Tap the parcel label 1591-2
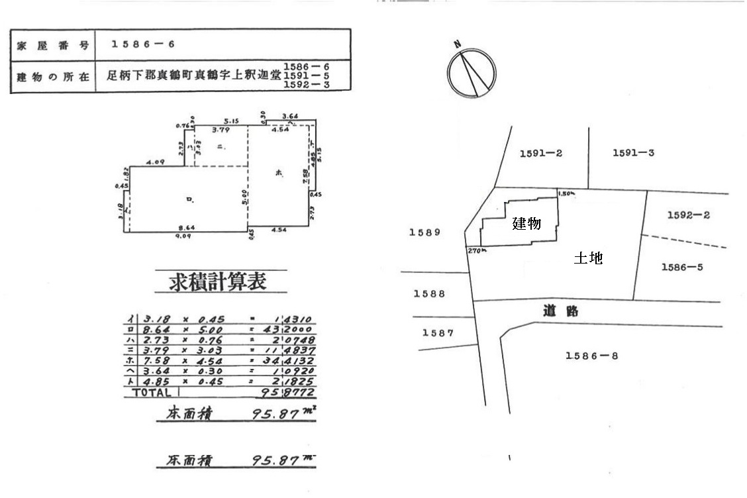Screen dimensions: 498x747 coord(540,153)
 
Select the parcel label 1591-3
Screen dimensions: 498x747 coord(633,153)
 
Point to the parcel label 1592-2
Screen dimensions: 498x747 coord(689,215)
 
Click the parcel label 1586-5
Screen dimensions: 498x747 coord(682,267)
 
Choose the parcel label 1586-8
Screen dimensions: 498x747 coord(591,356)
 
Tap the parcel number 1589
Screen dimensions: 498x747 coord(424,232)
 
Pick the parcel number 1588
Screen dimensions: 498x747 coord(429,294)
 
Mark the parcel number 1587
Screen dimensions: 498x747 coord(438,333)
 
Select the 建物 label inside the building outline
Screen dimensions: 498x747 coord(526,224)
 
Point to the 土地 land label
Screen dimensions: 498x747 coord(587,259)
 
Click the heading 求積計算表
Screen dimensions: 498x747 coord(221,282)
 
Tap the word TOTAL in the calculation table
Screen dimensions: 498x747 coord(152,392)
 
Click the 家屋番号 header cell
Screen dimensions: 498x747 coord(52,44)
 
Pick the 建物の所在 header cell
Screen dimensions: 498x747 coord(52,76)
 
